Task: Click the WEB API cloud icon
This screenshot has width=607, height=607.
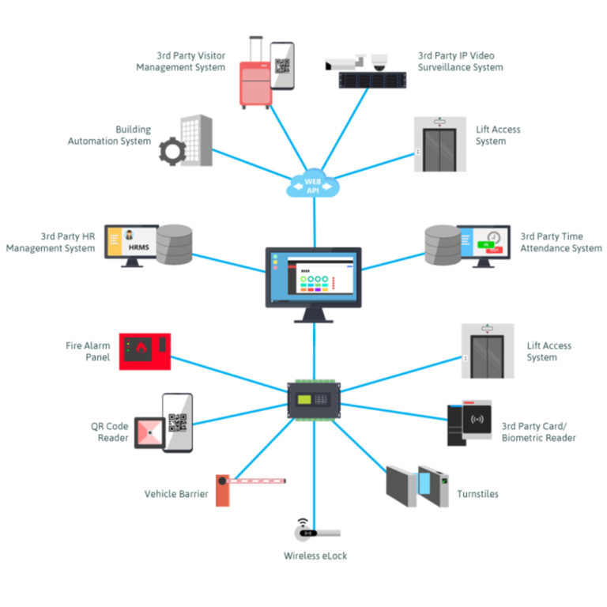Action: tap(315, 184)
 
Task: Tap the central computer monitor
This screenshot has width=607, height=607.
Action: tap(313, 281)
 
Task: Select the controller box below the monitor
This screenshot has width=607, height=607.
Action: tap(315, 400)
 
